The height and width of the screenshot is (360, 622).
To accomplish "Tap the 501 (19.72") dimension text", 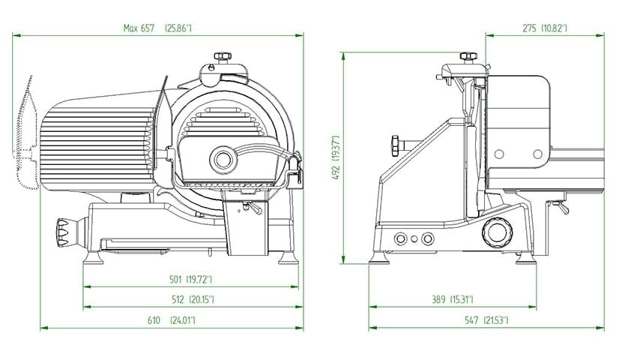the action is point(191,280).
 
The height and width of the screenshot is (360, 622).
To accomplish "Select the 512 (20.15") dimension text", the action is point(193,299).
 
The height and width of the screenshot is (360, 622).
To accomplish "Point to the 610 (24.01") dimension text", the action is point(172,320).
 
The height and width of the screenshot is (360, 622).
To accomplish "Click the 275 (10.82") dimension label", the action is point(545,28).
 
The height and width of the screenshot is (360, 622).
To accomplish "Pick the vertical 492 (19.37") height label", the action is point(336,157).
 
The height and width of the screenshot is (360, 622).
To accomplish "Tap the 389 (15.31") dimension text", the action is point(453,299).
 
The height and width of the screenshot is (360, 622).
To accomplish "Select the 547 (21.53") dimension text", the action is point(486,320).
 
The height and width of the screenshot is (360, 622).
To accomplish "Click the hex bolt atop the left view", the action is point(223,57).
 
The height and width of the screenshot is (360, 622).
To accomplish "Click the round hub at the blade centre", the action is point(223,159).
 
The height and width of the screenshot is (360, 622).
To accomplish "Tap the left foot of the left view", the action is point(93,257).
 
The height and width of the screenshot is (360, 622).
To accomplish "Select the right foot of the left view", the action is point(289,257).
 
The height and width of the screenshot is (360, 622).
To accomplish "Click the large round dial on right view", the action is point(497,231).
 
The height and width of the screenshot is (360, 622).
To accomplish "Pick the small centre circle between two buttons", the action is point(414,239).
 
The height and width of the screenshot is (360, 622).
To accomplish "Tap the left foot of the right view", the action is point(379,257).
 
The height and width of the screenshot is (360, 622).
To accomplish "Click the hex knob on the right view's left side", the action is point(396,145).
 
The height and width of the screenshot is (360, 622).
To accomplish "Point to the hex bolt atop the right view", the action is point(468,56).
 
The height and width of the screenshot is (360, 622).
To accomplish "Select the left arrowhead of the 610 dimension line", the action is point(44,328).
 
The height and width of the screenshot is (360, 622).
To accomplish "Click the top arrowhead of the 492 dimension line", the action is point(343,56).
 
